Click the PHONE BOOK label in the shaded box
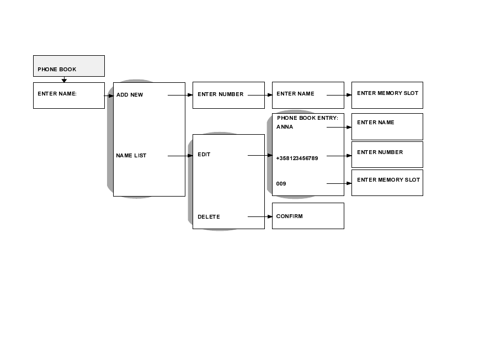coord(57,70)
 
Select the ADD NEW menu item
coord(130,95)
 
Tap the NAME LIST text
coord(131,156)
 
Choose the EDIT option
coord(204,155)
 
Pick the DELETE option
coord(209,217)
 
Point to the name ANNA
coord(285,127)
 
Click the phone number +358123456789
coord(297,158)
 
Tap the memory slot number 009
coord(281,183)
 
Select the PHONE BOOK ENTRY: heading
coord(307,118)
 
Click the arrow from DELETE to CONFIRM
coord(260,217)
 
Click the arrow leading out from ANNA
coord(339,127)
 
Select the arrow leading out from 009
coord(339,183)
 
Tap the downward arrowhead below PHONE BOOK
coord(64,81)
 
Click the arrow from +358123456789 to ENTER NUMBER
coord(339,156)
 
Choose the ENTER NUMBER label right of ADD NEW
coord(220,94)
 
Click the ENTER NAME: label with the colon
coord(57,94)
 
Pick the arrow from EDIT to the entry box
coord(260,156)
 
